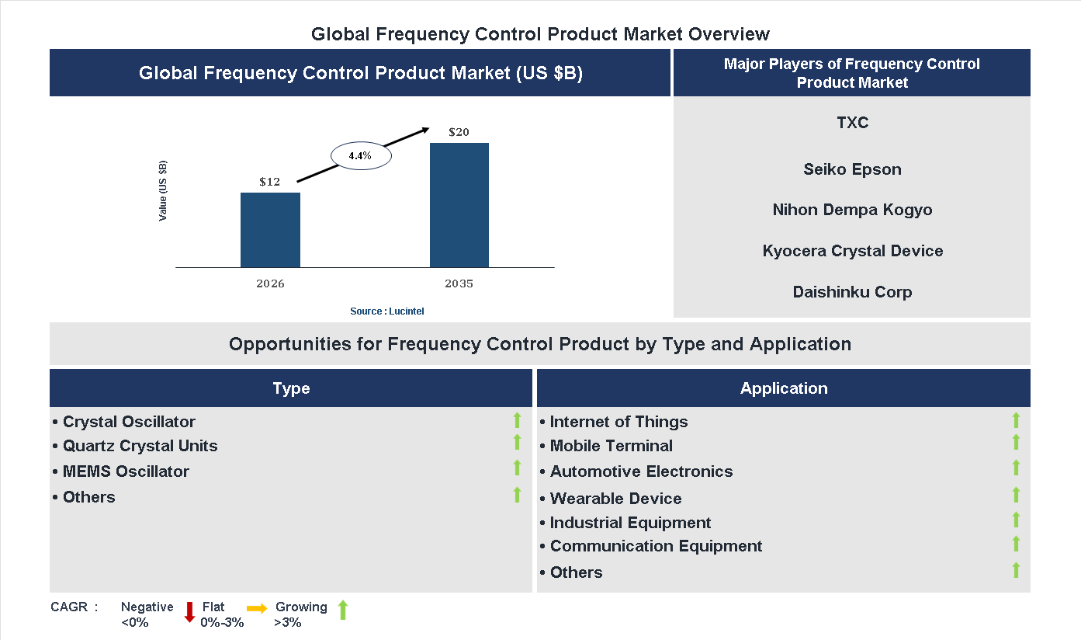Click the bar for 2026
[x=270, y=230]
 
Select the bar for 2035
[x=459, y=205]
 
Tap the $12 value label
[x=269, y=182]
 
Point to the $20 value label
[x=459, y=132]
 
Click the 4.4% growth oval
[x=360, y=156]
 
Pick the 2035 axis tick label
[x=459, y=283]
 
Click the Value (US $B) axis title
[x=163, y=191]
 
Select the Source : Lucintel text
[x=386, y=311]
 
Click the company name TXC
[x=852, y=123]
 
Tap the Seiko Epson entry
[x=852, y=169]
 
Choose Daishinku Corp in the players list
[x=852, y=292]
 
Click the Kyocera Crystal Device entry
[x=852, y=251]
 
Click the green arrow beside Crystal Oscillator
[x=517, y=420]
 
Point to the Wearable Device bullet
[x=615, y=499]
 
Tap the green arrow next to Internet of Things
[x=1015, y=420]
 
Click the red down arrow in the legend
[x=189, y=612]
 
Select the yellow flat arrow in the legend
[x=257, y=608]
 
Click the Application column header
[x=783, y=388]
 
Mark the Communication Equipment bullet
[x=655, y=546]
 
